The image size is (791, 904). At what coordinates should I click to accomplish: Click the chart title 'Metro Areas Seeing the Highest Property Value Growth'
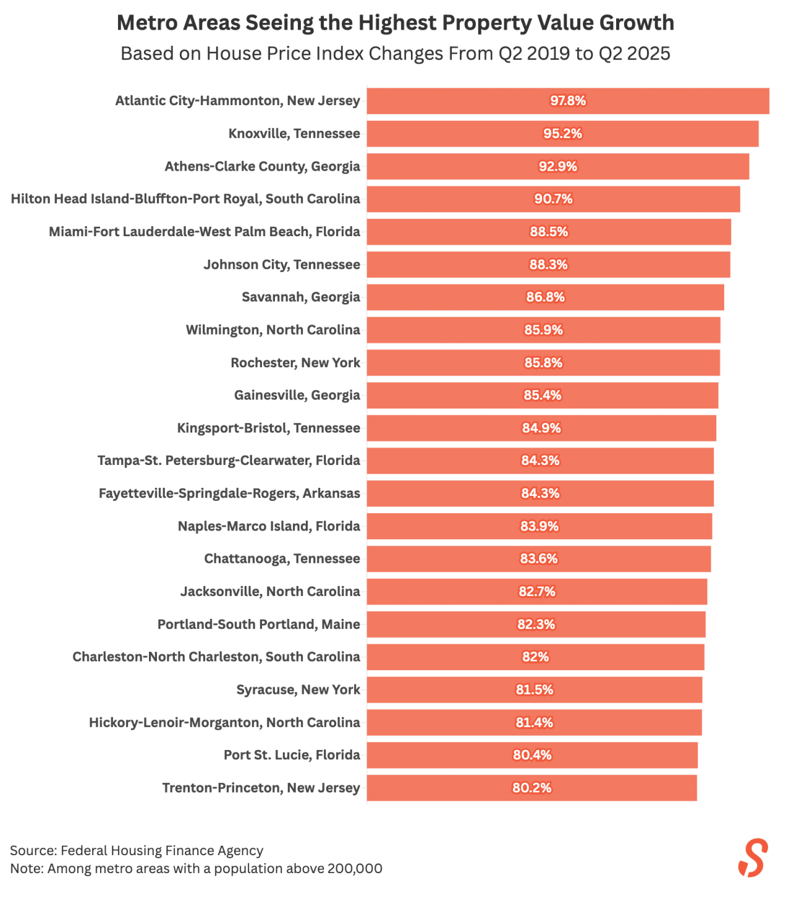tap(395, 23)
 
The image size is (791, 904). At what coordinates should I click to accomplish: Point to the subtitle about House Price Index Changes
tap(395, 54)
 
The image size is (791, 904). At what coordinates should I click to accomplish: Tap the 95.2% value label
tap(562, 134)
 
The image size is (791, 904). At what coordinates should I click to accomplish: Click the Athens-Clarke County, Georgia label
tap(262, 166)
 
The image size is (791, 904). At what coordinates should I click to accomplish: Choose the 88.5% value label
tap(549, 232)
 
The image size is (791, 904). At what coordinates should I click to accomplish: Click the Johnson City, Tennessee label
tap(282, 265)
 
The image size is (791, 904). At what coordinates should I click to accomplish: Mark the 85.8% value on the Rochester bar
tap(543, 363)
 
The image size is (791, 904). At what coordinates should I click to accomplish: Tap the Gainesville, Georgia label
tap(297, 395)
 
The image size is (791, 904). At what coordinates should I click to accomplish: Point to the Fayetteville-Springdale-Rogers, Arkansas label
tap(229, 493)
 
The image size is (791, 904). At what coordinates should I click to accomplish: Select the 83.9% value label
tap(539, 526)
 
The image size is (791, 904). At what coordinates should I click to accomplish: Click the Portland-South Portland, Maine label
tap(258, 625)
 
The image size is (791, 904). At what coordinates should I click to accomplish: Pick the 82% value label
tap(535, 657)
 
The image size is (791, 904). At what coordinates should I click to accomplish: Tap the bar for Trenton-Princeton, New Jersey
tap(618, 788)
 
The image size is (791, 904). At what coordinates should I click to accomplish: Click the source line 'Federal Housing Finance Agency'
tap(137, 851)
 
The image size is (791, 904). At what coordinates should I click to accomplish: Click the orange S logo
tap(753, 858)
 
